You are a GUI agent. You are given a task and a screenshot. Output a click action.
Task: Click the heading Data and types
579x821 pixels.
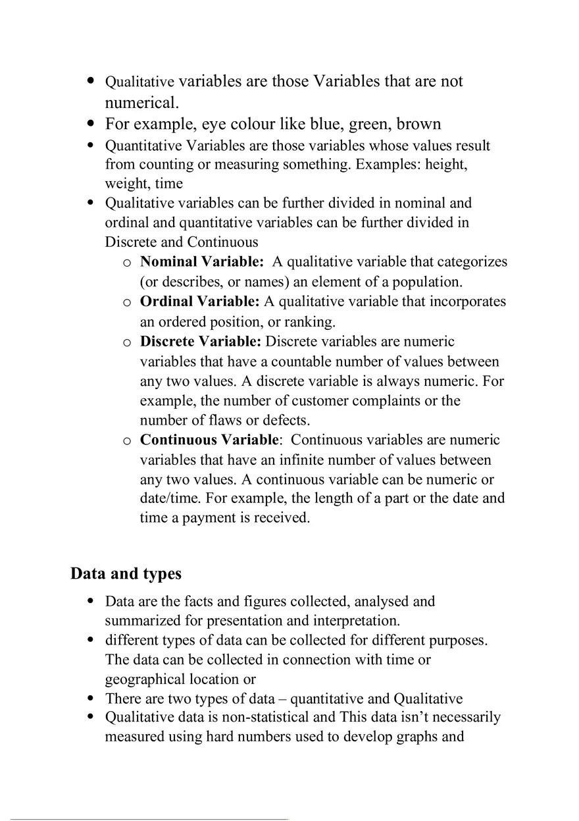coord(126,574)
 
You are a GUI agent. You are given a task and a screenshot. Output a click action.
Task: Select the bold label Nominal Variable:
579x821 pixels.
coord(201,262)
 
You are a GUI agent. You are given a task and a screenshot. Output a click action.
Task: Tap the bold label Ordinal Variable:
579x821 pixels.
coord(199,302)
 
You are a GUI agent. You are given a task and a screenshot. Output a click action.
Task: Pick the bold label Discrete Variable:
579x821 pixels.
coord(201,342)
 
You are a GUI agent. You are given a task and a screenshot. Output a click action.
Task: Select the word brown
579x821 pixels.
coord(418,124)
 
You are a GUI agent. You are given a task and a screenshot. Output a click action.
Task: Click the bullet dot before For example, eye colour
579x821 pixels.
coord(91,124)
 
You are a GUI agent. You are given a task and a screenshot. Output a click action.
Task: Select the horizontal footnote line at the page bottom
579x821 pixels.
coord(149,819)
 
